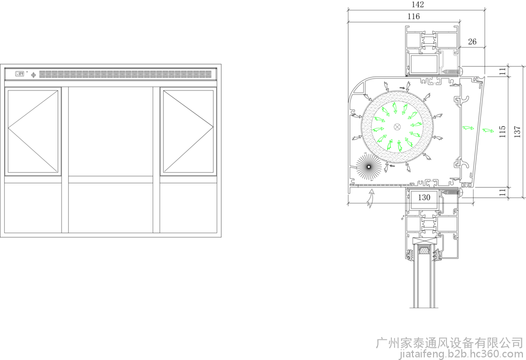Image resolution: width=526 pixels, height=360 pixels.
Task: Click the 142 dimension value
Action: (417, 4)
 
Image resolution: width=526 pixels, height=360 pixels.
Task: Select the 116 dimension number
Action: (414, 16)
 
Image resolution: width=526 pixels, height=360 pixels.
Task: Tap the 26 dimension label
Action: (472, 42)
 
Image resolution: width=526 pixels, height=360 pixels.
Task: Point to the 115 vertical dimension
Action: (502, 132)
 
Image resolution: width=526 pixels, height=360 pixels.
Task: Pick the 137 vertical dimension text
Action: (517, 132)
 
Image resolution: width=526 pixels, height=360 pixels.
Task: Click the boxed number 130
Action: (424, 197)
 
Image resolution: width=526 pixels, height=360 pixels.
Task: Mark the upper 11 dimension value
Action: (502, 71)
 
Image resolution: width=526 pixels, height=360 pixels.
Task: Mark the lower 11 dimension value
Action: (502, 192)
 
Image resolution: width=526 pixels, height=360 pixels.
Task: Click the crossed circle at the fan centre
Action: (397, 126)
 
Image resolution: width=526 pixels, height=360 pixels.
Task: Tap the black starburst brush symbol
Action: (369, 167)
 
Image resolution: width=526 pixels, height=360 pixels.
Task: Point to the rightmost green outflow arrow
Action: (488, 130)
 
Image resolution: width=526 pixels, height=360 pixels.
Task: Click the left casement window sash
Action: (33, 131)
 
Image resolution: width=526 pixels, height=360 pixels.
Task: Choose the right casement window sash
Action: (188, 131)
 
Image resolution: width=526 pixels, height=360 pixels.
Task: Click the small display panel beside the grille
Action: (20, 74)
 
